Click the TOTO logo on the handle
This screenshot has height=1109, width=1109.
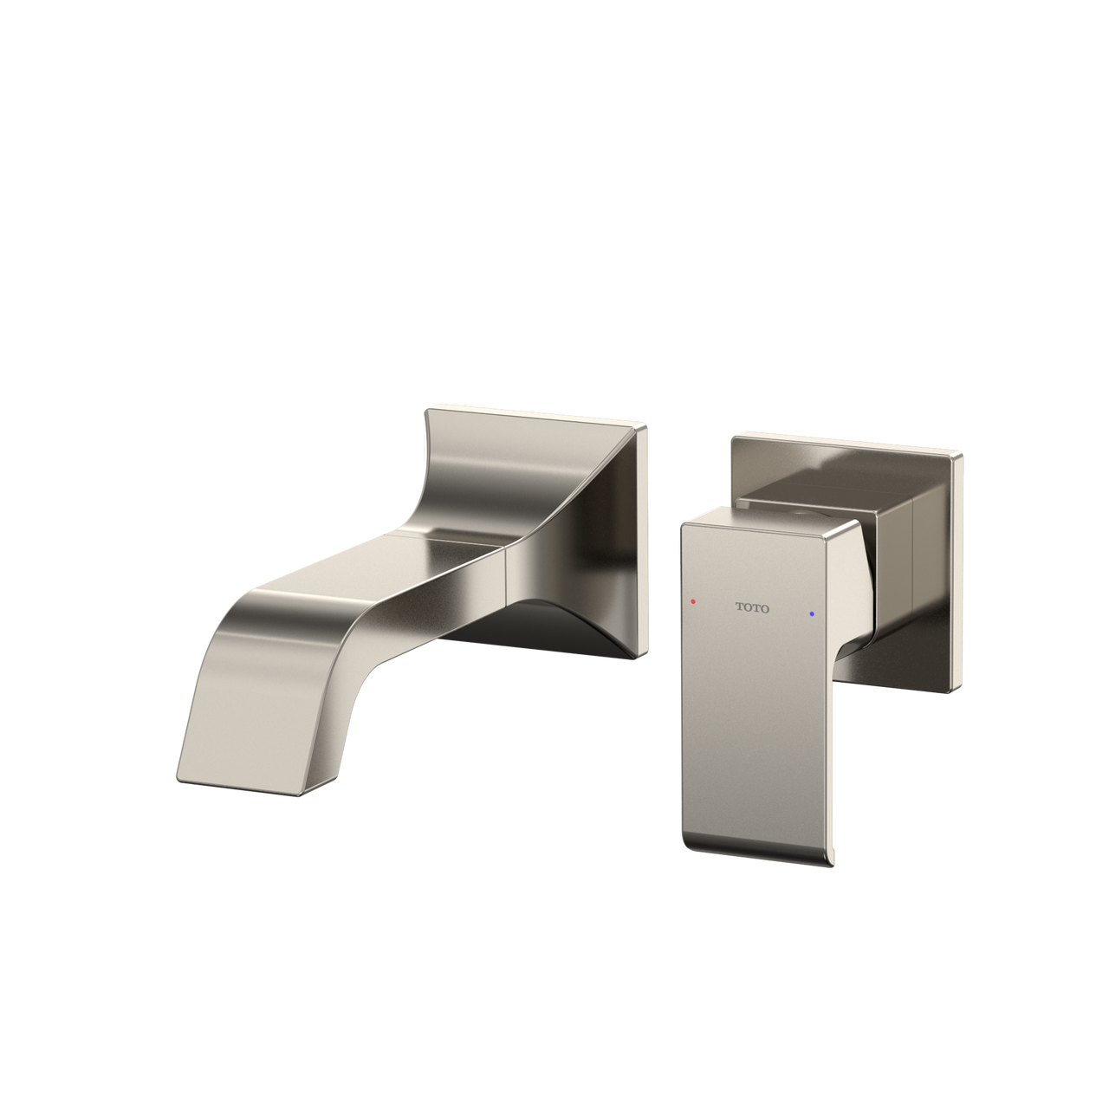point(752,608)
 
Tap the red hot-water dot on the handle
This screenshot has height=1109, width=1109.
point(692,600)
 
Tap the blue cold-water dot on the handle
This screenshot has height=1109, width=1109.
point(812,613)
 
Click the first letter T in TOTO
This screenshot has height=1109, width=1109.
point(740,607)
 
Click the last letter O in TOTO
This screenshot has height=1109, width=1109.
point(764,609)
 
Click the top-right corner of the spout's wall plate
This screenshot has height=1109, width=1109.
point(645,424)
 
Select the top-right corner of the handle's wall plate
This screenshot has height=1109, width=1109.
point(960,452)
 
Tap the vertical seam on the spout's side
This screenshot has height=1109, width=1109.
point(504,572)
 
